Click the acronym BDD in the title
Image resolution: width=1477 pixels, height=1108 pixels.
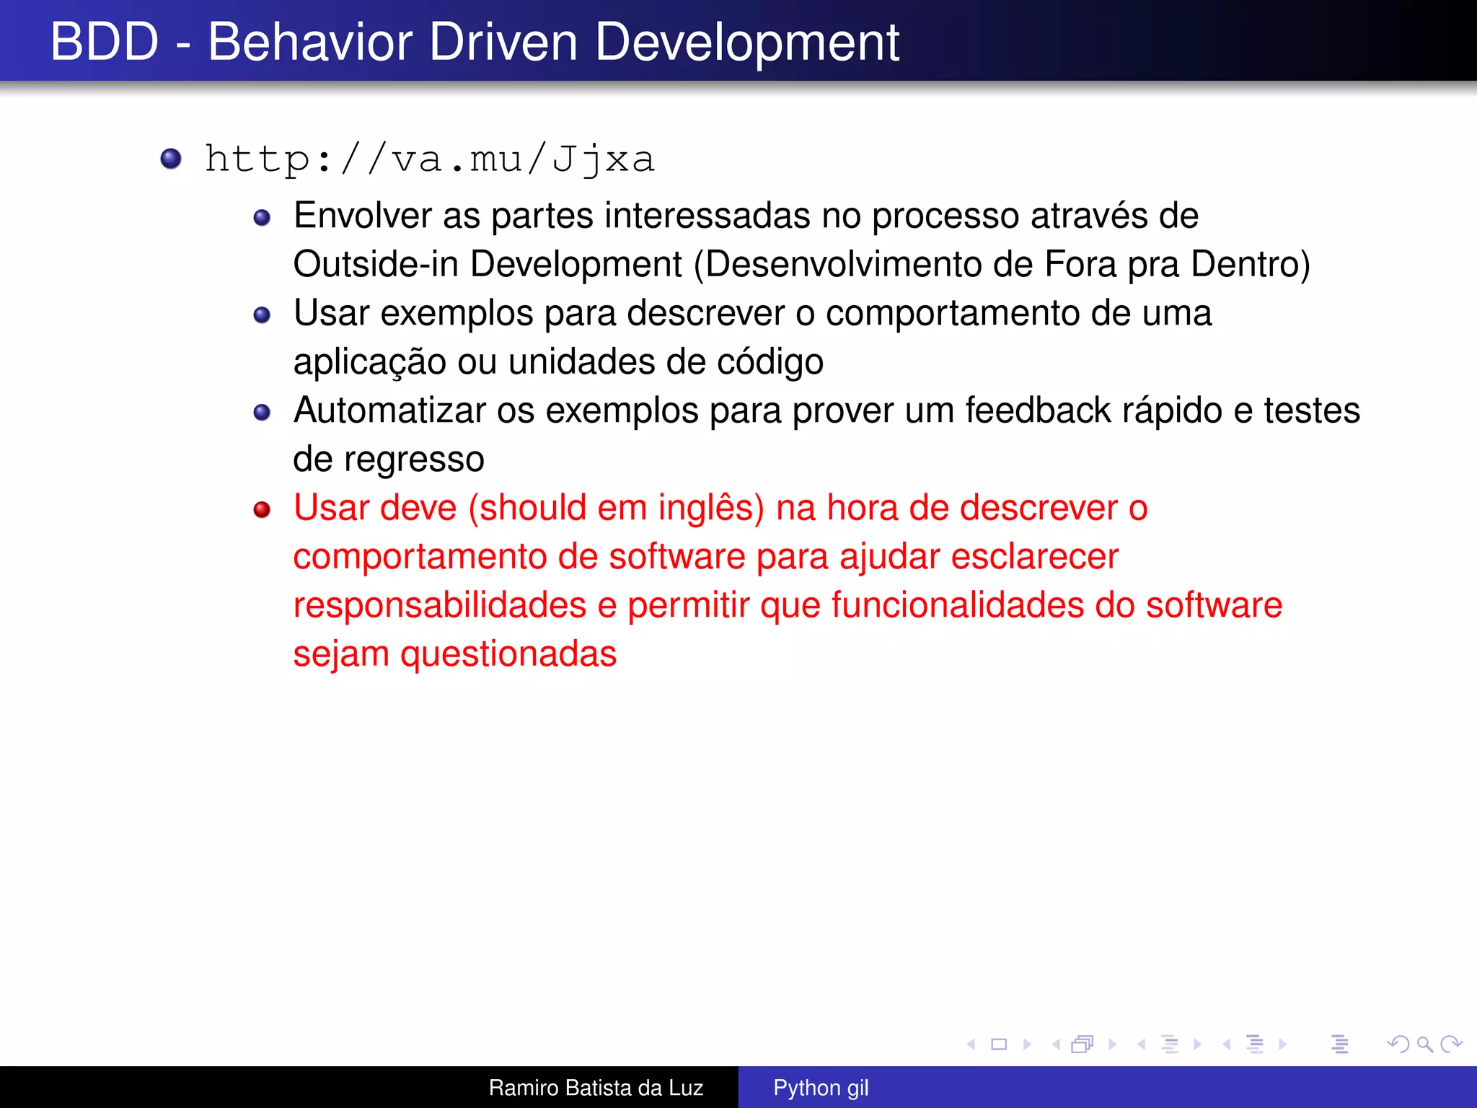point(105,42)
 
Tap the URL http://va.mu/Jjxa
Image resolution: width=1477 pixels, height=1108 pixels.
point(429,159)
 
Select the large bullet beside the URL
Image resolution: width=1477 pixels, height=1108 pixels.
point(171,158)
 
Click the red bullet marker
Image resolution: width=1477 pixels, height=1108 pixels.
point(262,510)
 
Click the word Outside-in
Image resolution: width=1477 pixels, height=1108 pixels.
point(376,264)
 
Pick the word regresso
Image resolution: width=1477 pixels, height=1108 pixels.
point(414,460)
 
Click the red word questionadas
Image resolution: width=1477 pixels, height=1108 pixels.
point(508,654)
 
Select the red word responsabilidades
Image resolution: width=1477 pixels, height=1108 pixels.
point(439,605)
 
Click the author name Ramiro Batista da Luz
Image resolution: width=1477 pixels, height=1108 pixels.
point(596,1088)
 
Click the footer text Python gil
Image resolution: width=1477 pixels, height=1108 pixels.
point(821,1088)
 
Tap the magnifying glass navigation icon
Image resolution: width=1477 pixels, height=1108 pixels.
point(1424,1044)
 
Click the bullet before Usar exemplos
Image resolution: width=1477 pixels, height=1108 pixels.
point(262,315)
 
